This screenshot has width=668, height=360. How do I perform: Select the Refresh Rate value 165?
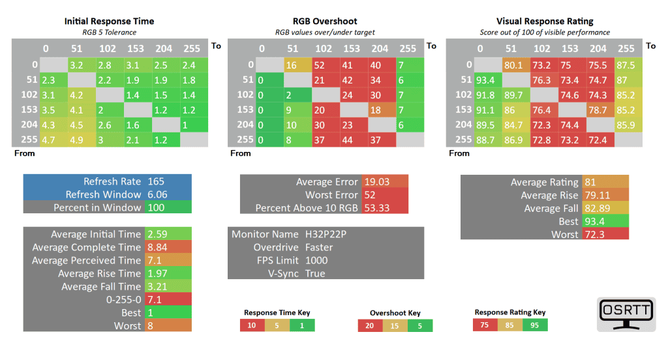(x=156, y=181)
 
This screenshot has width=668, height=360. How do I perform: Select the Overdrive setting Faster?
(x=319, y=247)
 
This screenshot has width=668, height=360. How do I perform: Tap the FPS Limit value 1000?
(x=316, y=260)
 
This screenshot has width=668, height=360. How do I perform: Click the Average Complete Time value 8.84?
(x=157, y=247)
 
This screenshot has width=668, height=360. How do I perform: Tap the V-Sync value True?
(x=315, y=273)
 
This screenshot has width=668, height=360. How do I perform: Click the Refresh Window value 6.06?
(x=157, y=194)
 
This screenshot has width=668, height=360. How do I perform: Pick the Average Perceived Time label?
(x=87, y=260)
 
